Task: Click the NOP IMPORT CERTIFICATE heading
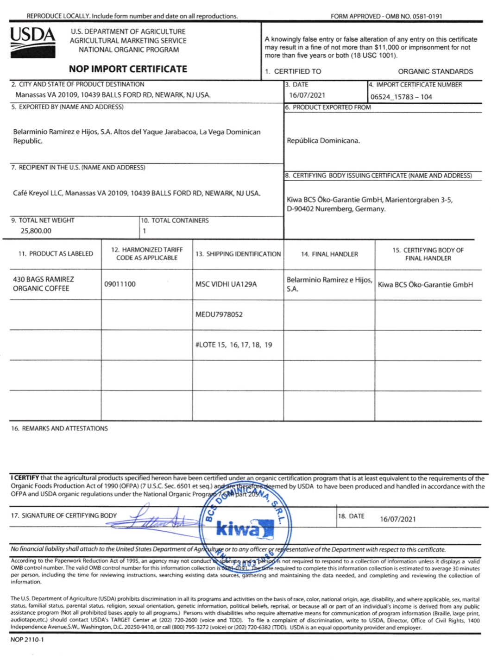128,69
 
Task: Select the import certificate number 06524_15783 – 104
401,97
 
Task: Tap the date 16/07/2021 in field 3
307,95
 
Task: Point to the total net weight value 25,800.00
36,231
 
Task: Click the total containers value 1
145,231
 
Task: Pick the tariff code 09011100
120,284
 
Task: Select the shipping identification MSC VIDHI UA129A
226,284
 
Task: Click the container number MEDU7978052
219,314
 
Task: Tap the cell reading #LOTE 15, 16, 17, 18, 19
234,345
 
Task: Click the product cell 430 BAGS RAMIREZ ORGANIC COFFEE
43,283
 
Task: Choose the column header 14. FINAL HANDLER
329,254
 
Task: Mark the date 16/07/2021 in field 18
398,519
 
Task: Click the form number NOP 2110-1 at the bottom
27,640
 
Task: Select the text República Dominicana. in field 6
323,140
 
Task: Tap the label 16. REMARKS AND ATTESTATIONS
59,428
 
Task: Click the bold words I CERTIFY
25,478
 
